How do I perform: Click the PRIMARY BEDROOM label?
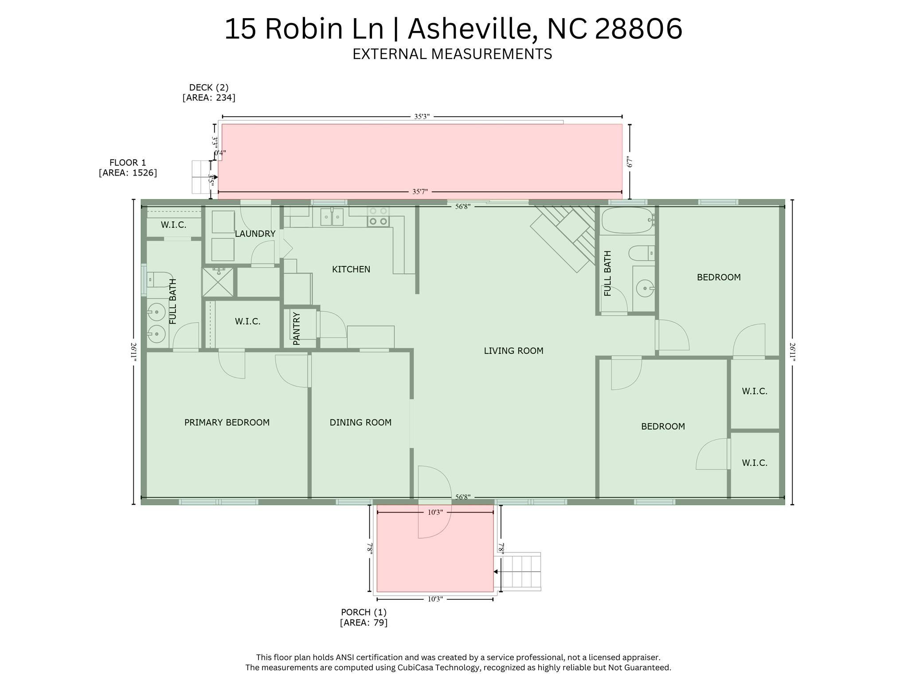227,423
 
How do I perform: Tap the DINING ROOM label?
360,423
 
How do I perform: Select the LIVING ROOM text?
513,351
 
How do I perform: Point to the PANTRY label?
297,329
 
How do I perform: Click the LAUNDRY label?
255,234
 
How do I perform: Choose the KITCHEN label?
351,269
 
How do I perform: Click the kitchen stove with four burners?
378,216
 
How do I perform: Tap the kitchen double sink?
332,217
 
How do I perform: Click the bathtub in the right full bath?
627,220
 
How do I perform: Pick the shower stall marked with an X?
218,282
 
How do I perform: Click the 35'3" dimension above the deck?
422,117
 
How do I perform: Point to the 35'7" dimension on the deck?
420,192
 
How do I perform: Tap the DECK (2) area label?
209,92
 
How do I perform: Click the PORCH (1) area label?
364,617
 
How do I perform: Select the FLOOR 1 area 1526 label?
128,168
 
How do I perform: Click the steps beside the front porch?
521,571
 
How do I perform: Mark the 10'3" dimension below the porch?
435,599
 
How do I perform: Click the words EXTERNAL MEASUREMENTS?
452,54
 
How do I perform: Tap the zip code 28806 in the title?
638,29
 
